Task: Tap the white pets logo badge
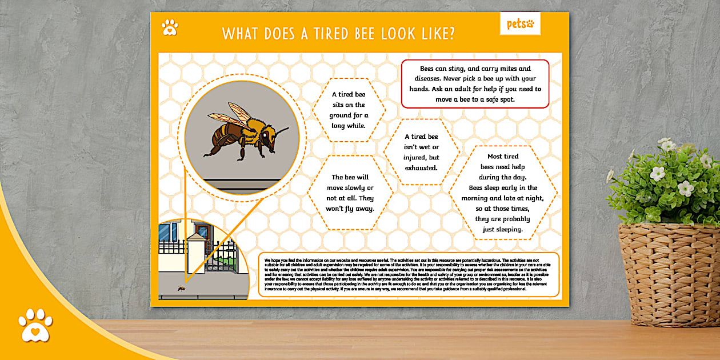(520, 24)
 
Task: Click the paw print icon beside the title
(170, 27)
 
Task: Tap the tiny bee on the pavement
(181, 288)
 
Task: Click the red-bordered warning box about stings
(475, 83)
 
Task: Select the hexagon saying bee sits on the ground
(349, 110)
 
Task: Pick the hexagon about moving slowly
(350, 193)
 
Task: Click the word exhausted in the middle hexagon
(421, 168)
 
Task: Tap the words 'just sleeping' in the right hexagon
(503, 230)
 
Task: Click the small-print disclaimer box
(408, 274)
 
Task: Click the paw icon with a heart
(35, 325)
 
